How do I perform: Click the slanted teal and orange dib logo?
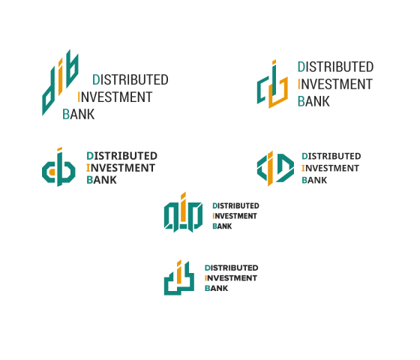coord(60,82)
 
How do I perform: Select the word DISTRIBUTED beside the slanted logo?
coord(130,79)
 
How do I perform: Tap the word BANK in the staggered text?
coord(79,114)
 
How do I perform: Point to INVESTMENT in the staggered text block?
coord(115,97)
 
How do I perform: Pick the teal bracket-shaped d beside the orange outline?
coord(260,91)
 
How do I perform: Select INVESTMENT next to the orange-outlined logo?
coord(335,84)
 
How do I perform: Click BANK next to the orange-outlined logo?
coord(313,101)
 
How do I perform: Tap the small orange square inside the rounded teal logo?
coord(52,172)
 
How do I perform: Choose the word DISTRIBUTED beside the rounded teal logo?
coord(121,156)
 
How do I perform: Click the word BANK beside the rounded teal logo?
coord(101,180)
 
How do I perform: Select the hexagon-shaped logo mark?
coord(275,168)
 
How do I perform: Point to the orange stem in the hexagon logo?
coord(270,169)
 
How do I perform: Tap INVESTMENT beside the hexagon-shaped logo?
coord(330,168)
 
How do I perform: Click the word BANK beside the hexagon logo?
coord(314,180)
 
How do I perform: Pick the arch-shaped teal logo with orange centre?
coord(183,212)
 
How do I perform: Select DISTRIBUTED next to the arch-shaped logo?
coord(235,205)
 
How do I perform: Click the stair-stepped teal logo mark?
coord(179,277)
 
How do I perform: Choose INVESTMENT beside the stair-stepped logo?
coord(231,278)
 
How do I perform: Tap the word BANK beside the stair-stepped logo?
coord(217,288)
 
